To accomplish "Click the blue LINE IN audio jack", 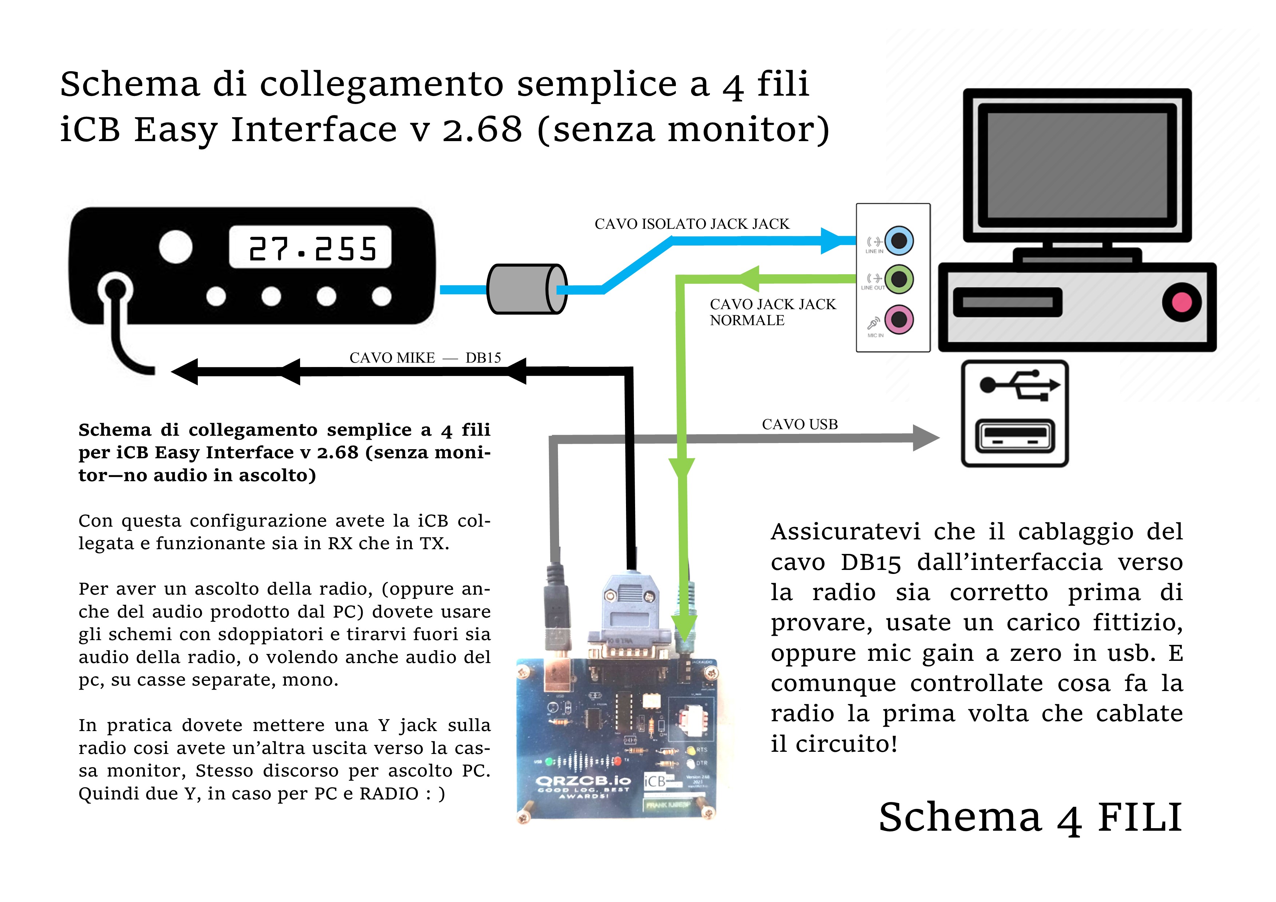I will (x=899, y=241).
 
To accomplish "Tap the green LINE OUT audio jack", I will (x=899, y=279).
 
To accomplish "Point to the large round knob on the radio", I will (x=176, y=246).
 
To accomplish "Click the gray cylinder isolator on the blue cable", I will (x=526, y=289).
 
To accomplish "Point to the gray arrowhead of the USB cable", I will (x=925, y=438).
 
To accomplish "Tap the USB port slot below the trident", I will (x=1015, y=435).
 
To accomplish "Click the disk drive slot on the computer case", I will (x=1007, y=302).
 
